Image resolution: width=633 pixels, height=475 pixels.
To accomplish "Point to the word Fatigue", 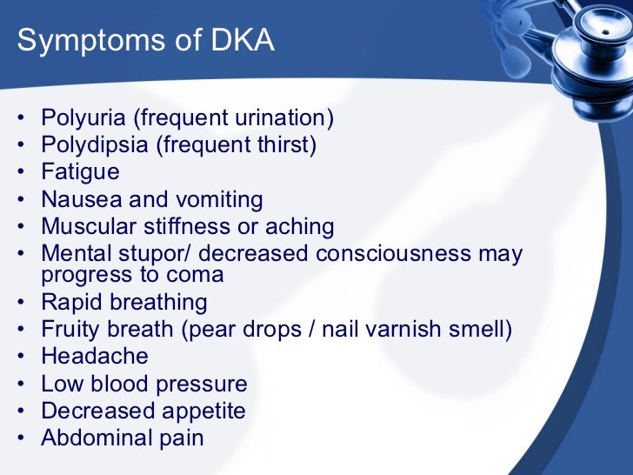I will click(80, 171).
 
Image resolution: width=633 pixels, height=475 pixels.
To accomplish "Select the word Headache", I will click(95, 356).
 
